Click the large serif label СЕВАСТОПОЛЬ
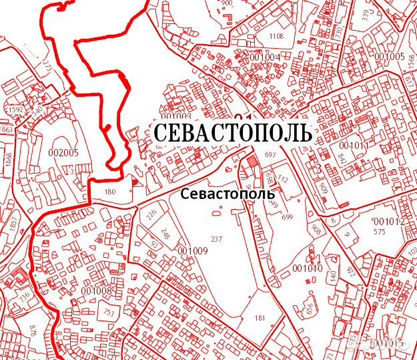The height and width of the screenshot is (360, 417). click(x=233, y=132)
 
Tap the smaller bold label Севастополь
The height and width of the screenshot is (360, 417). click(x=228, y=192)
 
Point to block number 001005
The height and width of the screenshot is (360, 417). click(x=390, y=56)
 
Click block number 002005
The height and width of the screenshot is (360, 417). click(x=64, y=152)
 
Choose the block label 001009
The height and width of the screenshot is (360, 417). click(x=193, y=250)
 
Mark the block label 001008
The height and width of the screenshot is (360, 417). click(x=96, y=290)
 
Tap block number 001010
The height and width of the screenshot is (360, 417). click(x=308, y=268)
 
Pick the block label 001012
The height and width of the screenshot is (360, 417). click(x=389, y=222)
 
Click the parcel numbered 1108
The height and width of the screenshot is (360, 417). click(x=276, y=36)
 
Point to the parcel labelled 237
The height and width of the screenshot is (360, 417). click(x=216, y=239)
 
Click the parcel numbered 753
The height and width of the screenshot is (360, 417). click(x=107, y=312)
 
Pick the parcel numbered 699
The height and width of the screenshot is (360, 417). click(x=288, y=217)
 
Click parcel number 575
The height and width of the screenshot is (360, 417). click(x=380, y=232)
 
